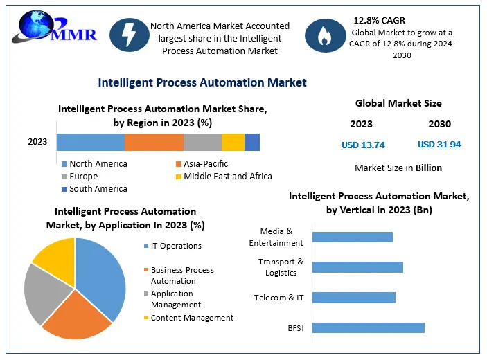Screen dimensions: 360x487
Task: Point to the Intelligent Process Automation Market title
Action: click(x=202, y=82)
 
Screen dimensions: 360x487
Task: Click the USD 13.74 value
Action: click(x=363, y=145)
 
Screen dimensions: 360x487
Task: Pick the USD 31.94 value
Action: click(x=439, y=145)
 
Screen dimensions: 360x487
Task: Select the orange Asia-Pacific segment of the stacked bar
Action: click(x=154, y=142)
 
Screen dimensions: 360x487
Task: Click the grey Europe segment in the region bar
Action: click(x=202, y=142)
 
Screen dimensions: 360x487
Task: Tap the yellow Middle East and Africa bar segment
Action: click(x=233, y=142)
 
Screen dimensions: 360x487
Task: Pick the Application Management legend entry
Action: click(x=176, y=299)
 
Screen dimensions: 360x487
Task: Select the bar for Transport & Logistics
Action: click(x=357, y=267)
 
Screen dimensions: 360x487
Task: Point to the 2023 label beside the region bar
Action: click(x=37, y=142)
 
